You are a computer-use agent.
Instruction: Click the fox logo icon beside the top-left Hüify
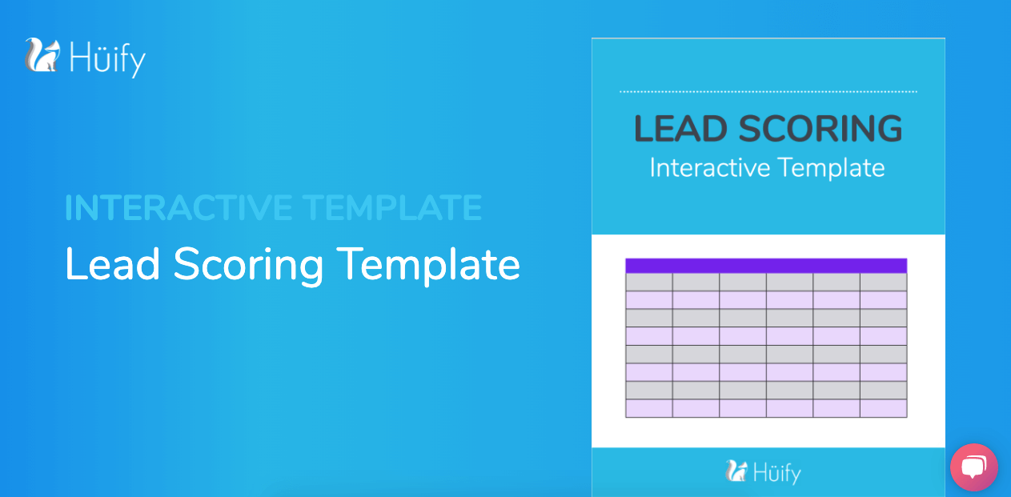pos(42,55)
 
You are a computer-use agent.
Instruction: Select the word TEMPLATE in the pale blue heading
pos(391,207)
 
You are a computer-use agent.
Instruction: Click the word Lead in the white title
pos(112,264)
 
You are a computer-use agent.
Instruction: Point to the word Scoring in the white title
pos(248,267)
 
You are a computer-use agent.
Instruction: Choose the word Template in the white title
pos(429,267)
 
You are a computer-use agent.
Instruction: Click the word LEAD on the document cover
pos(680,129)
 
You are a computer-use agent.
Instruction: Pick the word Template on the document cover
pos(832,168)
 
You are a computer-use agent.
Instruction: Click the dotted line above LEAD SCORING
pos(768,91)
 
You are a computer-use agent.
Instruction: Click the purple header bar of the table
pos(766,266)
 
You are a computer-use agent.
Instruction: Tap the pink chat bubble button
pos(974,467)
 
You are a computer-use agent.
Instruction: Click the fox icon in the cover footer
pos(736,471)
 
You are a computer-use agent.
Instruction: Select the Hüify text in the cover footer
pos(776,473)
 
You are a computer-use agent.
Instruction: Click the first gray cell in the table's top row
pos(649,283)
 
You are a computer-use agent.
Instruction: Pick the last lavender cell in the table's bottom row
pos(883,408)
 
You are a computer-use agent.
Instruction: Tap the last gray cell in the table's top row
pos(883,283)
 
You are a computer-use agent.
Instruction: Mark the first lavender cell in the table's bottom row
pos(649,408)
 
